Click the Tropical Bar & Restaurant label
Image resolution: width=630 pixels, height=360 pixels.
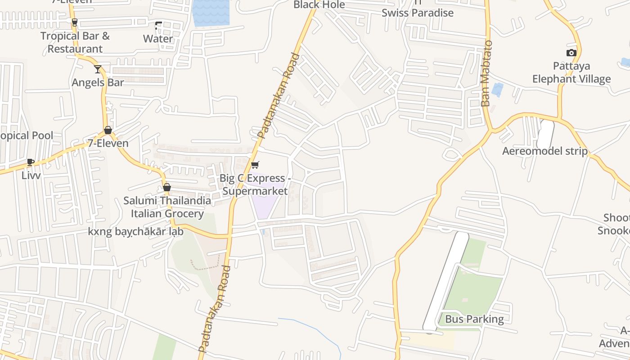click(x=75, y=42)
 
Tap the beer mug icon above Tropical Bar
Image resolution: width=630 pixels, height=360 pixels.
click(x=75, y=22)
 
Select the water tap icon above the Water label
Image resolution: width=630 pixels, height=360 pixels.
click(x=158, y=26)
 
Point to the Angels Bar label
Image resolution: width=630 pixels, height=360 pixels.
click(x=98, y=82)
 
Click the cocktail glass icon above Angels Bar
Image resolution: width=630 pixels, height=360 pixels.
click(x=98, y=69)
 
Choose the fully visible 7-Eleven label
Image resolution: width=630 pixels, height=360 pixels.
click(x=108, y=143)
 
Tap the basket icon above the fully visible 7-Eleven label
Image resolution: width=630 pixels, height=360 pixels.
click(x=108, y=130)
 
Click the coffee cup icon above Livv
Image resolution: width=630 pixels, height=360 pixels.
click(x=31, y=162)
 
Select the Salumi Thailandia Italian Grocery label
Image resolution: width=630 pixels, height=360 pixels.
click(x=167, y=207)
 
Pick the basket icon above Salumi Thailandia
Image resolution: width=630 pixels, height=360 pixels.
click(x=167, y=187)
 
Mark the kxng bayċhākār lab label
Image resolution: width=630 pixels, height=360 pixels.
click(x=136, y=232)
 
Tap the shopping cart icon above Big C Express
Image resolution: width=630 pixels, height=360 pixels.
click(x=255, y=165)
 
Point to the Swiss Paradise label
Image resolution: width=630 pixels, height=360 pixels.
click(x=418, y=13)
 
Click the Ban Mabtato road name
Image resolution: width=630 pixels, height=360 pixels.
click(x=486, y=73)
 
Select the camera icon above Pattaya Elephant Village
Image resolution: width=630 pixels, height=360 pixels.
click(x=571, y=53)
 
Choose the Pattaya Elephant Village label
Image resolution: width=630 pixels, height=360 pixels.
click(x=571, y=72)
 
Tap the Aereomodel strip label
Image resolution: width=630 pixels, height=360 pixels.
click(x=544, y=151)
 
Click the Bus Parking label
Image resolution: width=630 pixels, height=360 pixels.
click(x=474, y=319)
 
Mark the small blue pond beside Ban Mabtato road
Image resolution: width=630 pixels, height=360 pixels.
click(x=497, y=90)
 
